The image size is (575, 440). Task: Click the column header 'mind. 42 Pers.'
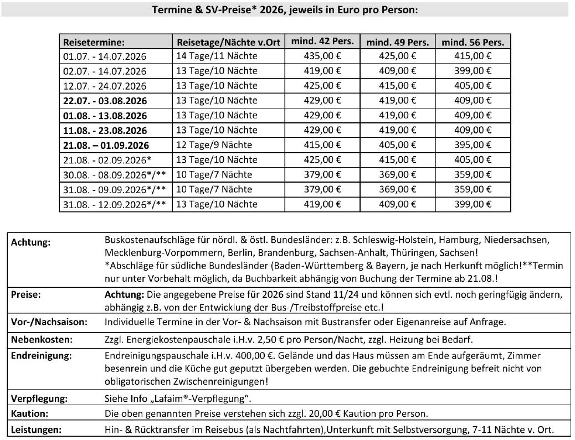coord(322,42)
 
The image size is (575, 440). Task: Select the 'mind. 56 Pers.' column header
coord(473,42)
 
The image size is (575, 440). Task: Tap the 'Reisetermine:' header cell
coord(94,42)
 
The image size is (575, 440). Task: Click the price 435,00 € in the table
coord(322,55)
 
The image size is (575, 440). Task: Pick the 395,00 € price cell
coord(473,145)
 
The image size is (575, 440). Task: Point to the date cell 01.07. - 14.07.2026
coord(105,56)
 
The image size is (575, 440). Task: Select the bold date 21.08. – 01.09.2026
coord(106,146)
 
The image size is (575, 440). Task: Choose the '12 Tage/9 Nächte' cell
coord(214,145)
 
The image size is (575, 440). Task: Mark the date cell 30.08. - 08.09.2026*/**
coord(115,175)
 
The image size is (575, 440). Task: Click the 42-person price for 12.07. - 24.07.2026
coord(322,85)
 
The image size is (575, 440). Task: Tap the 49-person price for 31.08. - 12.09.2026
coord(398,205)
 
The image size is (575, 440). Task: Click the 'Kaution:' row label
coord(29,413)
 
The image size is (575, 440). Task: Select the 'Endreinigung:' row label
coord(37,355)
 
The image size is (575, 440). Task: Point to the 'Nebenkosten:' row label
coord(36,339)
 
